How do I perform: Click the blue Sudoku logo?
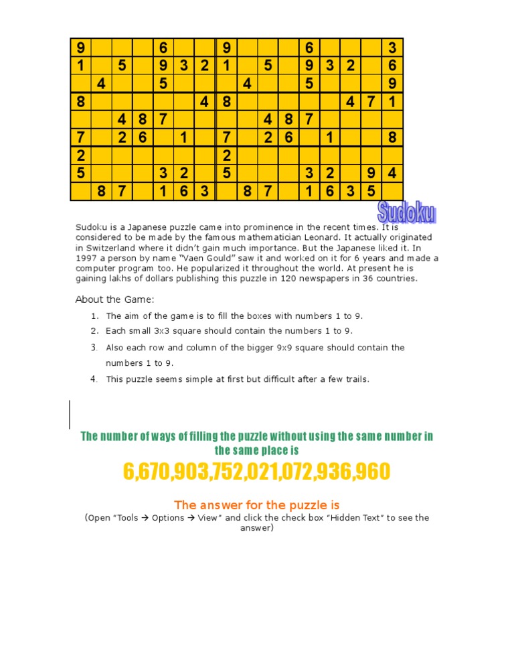[407, 212]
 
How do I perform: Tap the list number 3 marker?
[94, 348]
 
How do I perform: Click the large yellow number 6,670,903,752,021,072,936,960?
[256, 472]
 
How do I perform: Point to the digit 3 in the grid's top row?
[392, 48]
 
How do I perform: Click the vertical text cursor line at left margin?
[70, 413]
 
